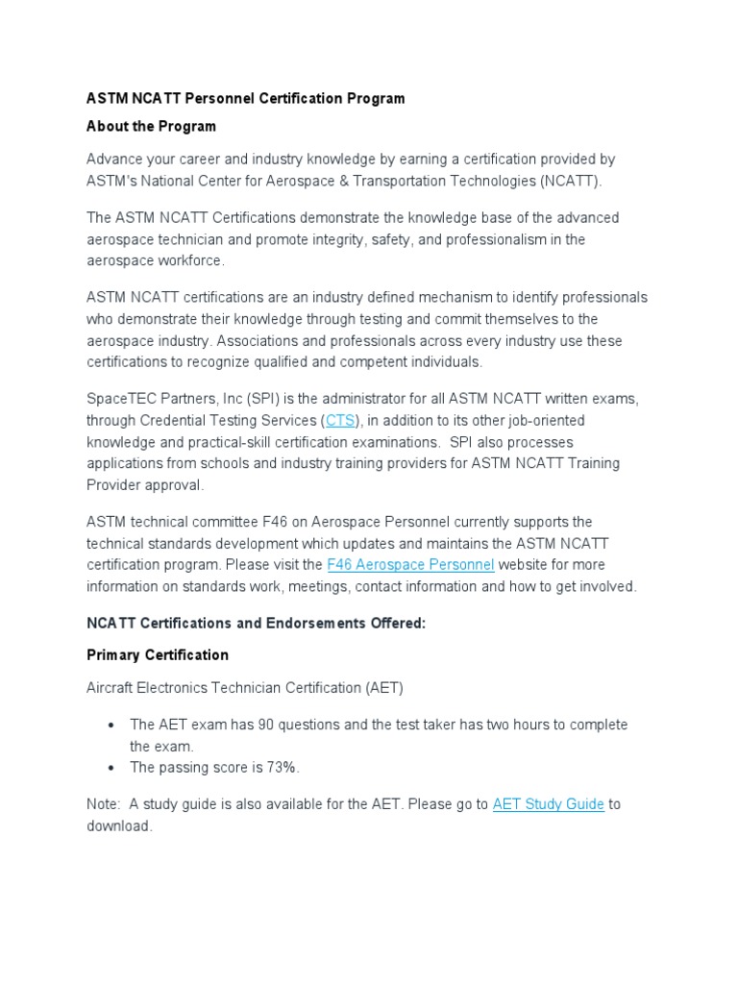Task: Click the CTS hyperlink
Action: point(340,420)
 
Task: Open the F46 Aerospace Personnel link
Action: point(410,564)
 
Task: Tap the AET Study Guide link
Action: point(548,803)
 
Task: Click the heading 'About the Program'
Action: point(151,126)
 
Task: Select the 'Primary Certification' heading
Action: point(158,654)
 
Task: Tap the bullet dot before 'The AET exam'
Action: point(112,724)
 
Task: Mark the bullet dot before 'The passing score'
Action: point(112,767)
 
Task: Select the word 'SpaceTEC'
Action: point(120,398)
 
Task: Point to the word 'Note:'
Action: point(104,803)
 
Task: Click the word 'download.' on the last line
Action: point(119,825)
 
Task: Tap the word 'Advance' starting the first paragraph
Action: point(112,159)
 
